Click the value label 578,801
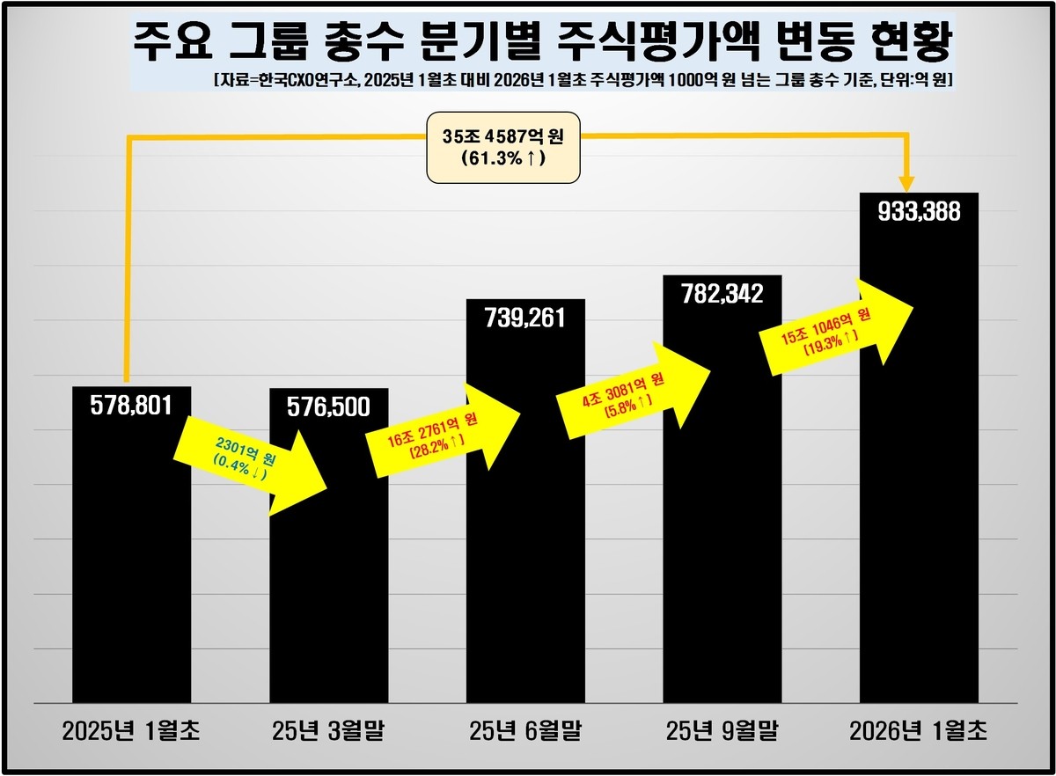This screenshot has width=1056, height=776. (131, 405)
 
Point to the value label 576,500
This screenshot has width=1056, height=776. (328, 407)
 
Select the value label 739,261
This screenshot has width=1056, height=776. (525, 318)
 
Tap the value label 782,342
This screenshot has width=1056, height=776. (722, 293)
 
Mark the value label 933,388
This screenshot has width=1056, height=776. (919, 211)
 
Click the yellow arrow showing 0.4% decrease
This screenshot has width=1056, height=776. (251, 462)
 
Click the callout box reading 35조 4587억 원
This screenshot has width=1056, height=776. (503, 147)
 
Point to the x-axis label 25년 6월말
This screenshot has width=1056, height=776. (525, 730)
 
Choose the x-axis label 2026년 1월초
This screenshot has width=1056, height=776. (919, 730)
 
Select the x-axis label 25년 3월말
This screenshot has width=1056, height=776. (328, 730)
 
